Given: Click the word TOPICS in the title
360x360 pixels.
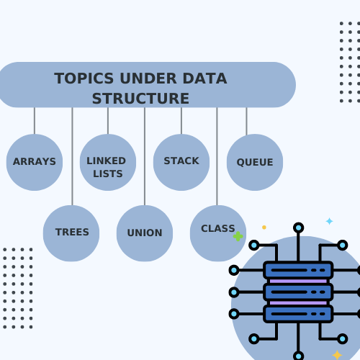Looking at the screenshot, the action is pyautogui.click(x=84, y=78).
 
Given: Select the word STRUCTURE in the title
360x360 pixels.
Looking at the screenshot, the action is pyautogui.click(x=140, y=99).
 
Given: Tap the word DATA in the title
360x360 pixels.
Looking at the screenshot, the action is pyautogui.click(x=204, y=78).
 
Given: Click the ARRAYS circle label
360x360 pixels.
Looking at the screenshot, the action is pyautogui.click(x=35, y=161).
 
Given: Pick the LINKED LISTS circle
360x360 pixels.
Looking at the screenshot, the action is pyautogui.click(x=108, y=162).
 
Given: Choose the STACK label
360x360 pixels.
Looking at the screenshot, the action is pyautogui.click(x=181, y=161).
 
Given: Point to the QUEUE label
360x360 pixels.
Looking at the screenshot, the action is pyautogui.click(x=255, y=162).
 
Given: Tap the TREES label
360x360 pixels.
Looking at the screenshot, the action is pyautogui.click(x=72, y=232).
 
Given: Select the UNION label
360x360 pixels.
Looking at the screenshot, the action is pyautogui.click(x=145, y=233).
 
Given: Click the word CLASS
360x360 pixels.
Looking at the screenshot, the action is pyautogui.click(x=218, y=228).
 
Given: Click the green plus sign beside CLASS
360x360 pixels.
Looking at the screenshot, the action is pyautogui.click(x=238, y=236).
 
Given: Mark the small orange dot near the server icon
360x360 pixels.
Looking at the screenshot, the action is pyautogui.click(x=264, y=228).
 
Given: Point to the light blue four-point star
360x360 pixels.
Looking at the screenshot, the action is pyautogui.click(x=329, y=221).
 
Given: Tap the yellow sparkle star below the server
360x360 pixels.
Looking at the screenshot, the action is pyautogui.click(x=337, y=355).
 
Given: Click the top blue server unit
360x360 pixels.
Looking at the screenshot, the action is pyautogui.click(x=298, y=270).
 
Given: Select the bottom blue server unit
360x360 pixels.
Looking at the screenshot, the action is pyautogui.click(x=298, y=314).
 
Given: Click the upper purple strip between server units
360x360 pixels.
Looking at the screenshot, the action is pyautogui.click(x=298, y=281).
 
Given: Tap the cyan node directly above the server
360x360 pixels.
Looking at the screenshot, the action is pyautogui.click(x=298, y=228).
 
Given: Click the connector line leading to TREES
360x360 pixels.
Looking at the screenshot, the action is pyautogui.click(x=72, y=156).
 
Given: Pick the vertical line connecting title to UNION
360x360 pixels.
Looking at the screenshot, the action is pyautogui.click(x=145, y=156).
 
